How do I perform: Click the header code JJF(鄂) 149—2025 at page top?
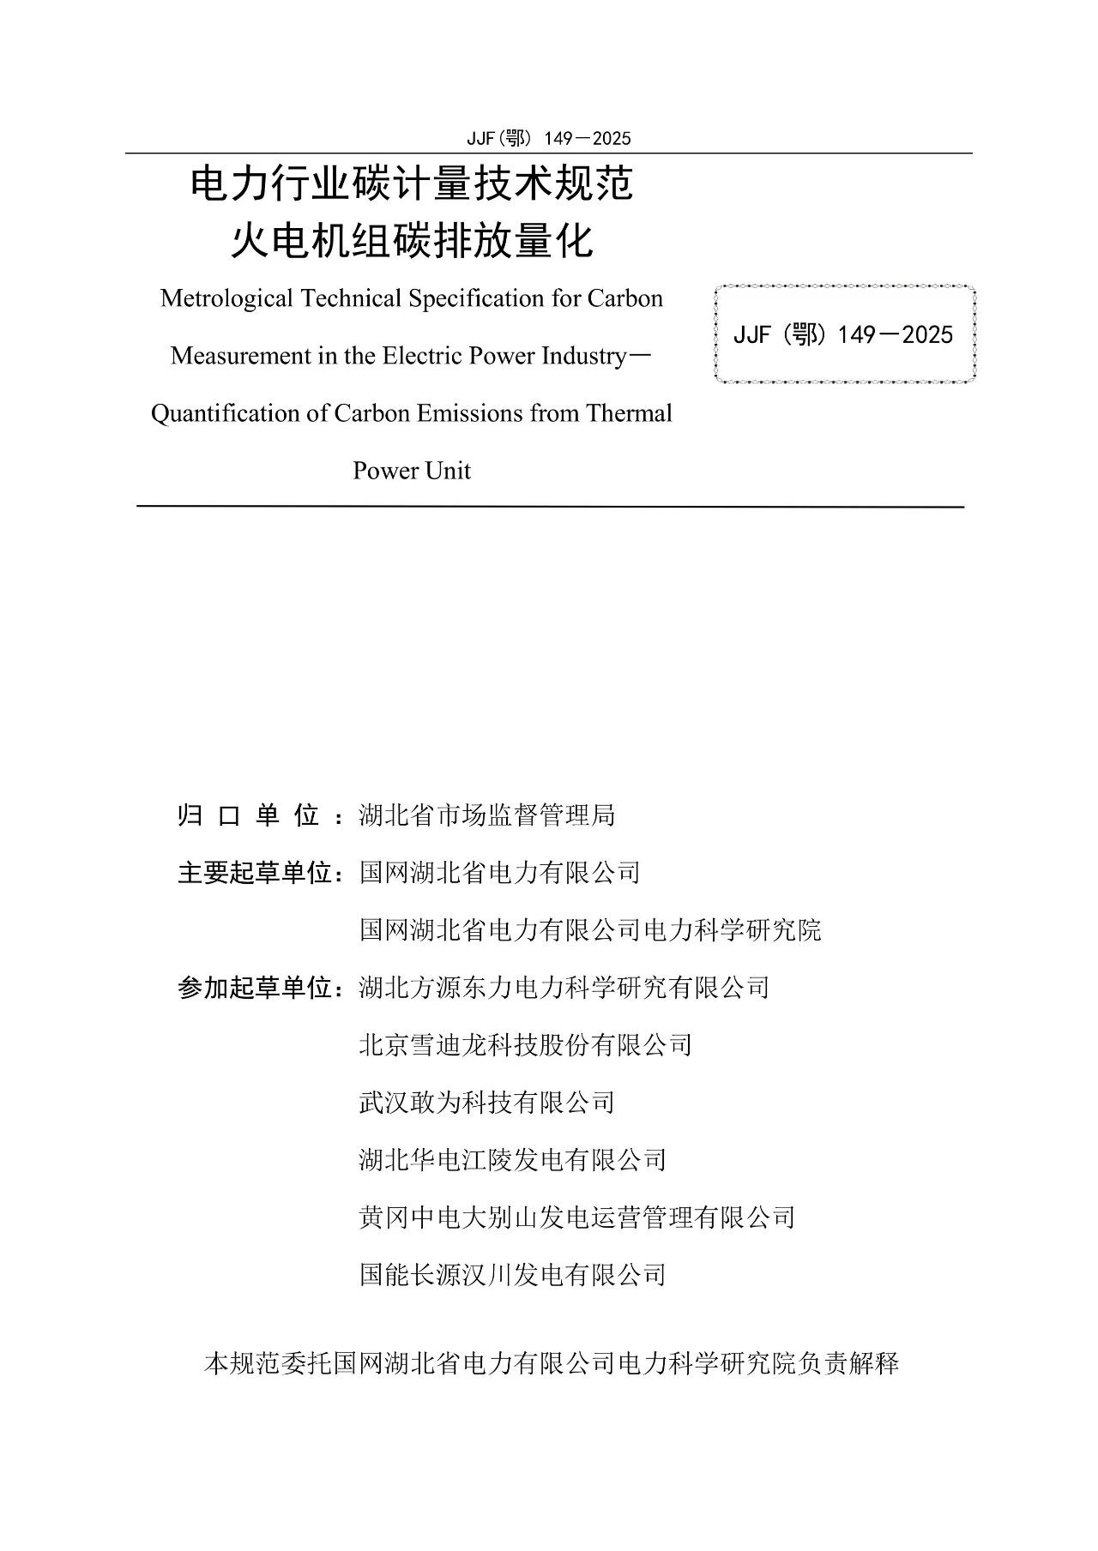click(x=548, y=138)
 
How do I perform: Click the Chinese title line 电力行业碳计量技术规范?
click(x=412, y=184)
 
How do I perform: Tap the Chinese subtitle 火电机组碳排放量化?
click(x=412, y=241)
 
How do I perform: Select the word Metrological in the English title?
click(x=226, y=298)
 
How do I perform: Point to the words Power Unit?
click(x=412, y=471)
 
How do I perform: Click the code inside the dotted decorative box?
click(x=843, y=334)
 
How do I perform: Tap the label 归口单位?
click(x=248, y=815)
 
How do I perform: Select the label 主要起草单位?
click(x=255, y=873)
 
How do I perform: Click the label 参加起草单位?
click(x=255, y=988)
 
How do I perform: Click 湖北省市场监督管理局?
click(x=487, y=815)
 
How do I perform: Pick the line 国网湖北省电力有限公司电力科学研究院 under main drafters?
click(x=590, y=930)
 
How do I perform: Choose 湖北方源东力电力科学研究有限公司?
click(x=564, y=988)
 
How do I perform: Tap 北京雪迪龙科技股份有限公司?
click(x=526, y=1045)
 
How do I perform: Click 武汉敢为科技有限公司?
click(x=487, y=1103)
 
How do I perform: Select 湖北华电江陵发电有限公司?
click(x=513, y=1160)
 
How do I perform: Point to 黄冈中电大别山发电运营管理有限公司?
click(x=577, y=1217)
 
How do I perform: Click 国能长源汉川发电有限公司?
click(x=513, y=1275)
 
